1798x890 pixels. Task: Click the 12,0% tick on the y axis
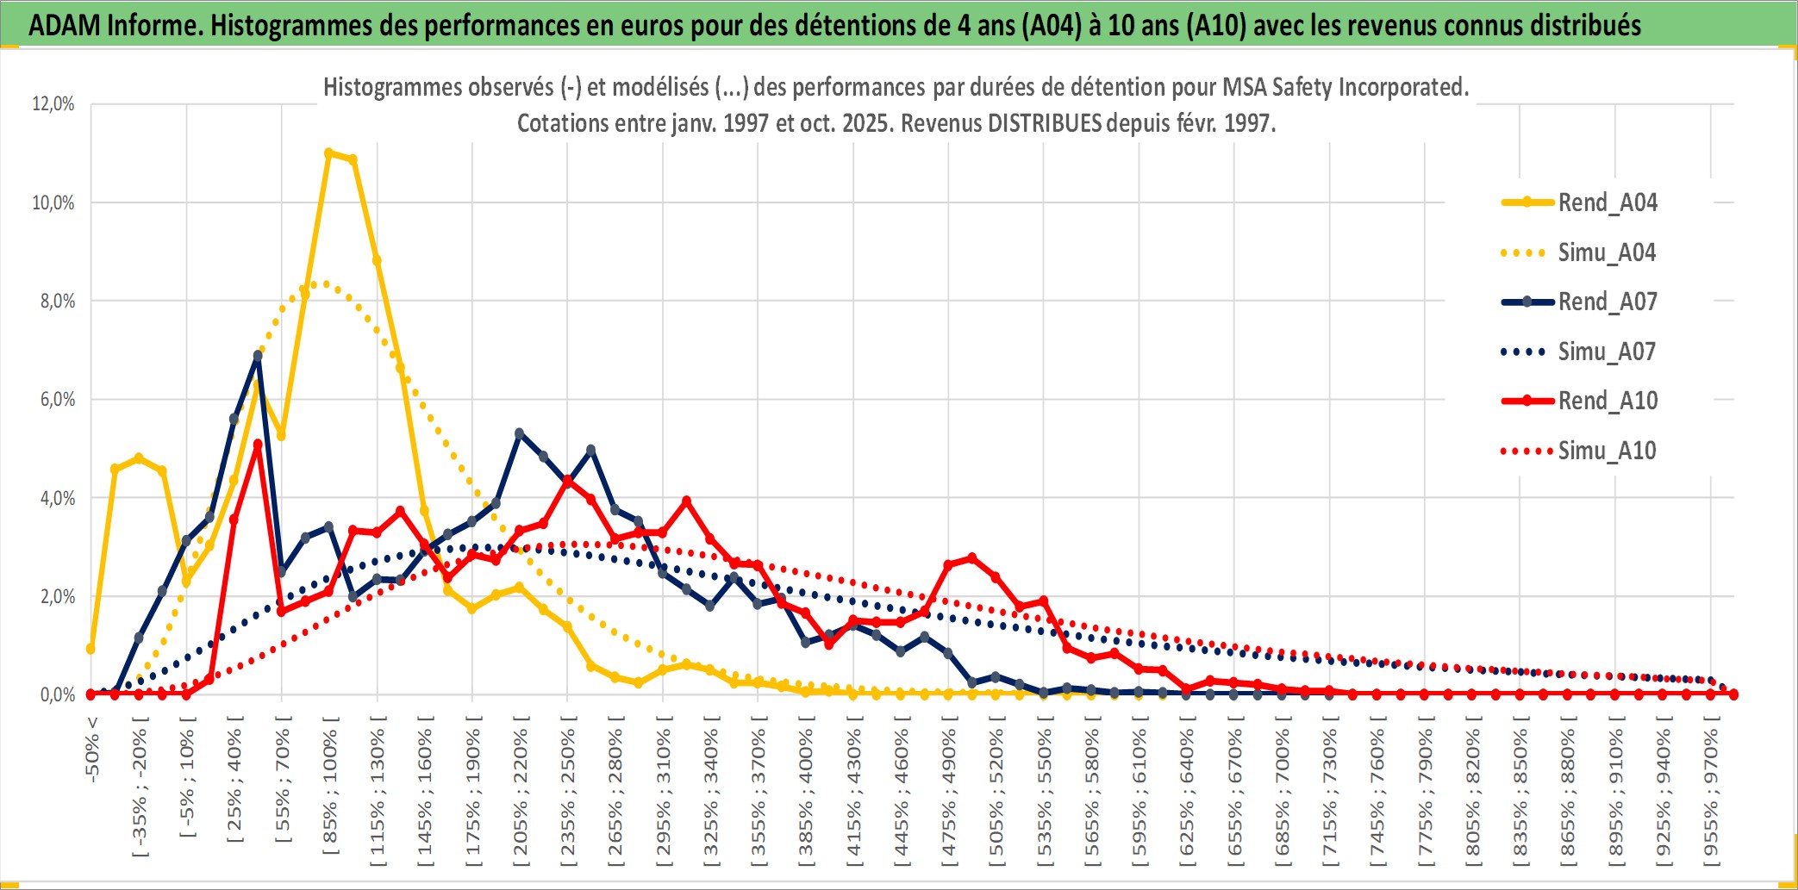53,104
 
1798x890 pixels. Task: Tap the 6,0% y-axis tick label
57,400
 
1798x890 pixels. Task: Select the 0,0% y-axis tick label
57,694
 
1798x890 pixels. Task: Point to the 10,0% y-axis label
53,202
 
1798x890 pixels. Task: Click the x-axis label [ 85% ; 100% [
330,792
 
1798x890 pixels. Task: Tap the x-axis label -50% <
92,749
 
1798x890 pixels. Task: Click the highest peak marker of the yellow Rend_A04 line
329,152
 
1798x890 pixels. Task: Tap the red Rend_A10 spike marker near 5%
258,445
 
